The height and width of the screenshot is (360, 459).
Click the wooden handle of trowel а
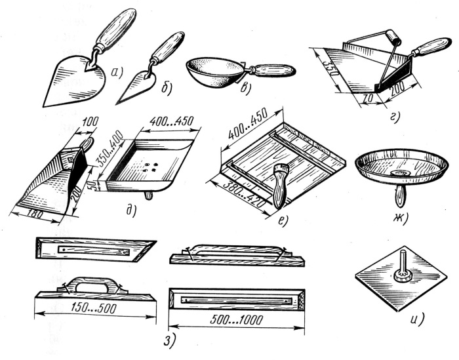pos(117,28)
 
